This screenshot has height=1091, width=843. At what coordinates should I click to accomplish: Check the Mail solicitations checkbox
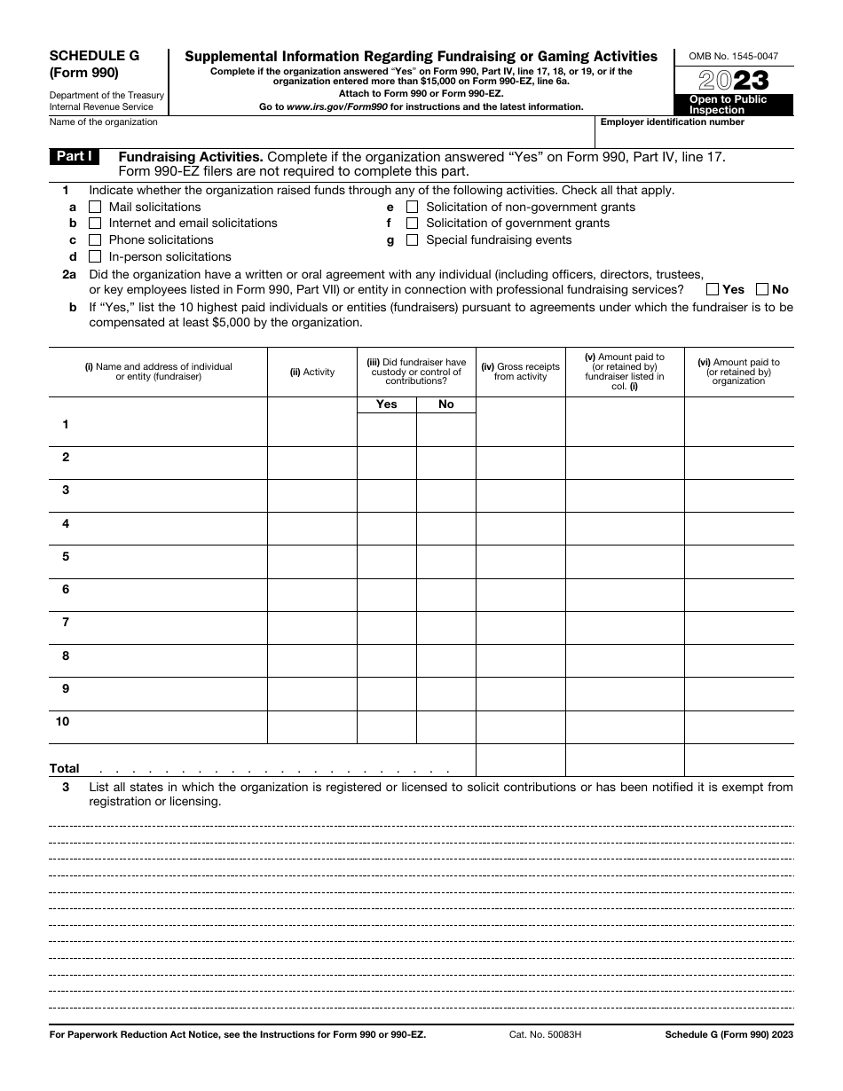pos(95,208)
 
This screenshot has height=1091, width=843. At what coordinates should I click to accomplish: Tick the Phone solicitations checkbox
pos(95,240)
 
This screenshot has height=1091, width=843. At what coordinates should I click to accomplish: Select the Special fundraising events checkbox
pos(412,240)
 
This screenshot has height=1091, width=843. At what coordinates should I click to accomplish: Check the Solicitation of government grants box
pos(412,224)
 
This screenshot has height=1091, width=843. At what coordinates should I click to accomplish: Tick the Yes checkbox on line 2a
pos(713,289)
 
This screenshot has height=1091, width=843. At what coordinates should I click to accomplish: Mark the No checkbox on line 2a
pos(762,289)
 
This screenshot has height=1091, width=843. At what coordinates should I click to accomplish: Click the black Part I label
pos(75,156)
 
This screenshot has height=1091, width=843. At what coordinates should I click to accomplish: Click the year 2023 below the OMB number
pos(734,80)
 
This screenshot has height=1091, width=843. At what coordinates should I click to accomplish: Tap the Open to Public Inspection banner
pos(734,105)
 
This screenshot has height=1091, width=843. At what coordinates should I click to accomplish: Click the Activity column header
pos(312,373)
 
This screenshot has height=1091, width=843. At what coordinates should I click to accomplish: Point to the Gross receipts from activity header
pos(521,372)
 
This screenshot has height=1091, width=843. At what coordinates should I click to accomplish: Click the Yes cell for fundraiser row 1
pos(387,429)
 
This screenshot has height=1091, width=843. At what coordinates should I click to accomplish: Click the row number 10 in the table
pos(63,722)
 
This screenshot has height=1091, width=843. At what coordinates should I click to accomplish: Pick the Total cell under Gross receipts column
pos(521,760)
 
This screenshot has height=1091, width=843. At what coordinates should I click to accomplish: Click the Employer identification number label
pos(673,122)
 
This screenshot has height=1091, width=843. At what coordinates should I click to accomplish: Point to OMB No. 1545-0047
pos(734,56)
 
